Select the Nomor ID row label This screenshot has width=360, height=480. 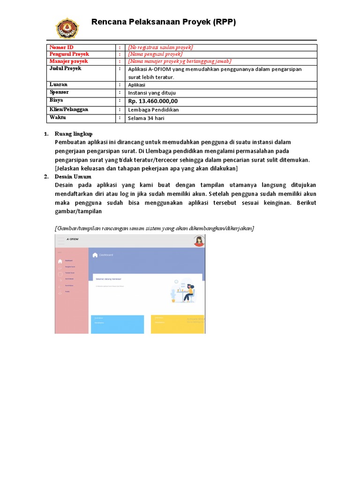click(61, 47)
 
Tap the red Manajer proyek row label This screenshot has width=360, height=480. click(68, 61)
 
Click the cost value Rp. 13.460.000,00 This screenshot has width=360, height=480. click(153, 101)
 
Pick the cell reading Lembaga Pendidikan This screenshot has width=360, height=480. click(153, 110)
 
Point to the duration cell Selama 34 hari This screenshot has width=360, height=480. click(146, 118)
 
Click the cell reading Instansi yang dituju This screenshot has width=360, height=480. click(152, 93)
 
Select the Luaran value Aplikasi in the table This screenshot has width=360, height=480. click(137, 85)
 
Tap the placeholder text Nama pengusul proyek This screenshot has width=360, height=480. click(155, 54)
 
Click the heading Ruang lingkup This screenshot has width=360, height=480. click(74, 134)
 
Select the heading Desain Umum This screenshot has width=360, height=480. click(73, 177)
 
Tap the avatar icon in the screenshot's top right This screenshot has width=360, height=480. click(199, 241)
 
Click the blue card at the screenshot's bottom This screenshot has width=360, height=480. click(117, 324)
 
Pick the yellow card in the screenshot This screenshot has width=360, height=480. click(177, 324)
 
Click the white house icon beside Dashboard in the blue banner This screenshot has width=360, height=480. click(95, 255)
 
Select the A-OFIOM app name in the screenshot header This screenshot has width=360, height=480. click(73, 239)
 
